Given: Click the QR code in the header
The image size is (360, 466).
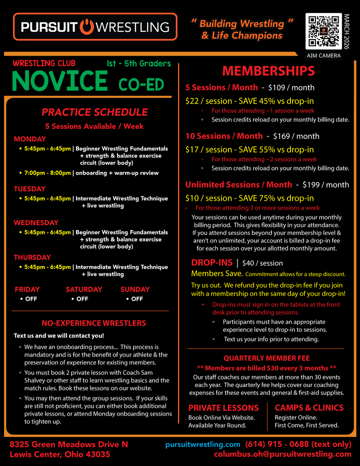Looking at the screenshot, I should [323, 31].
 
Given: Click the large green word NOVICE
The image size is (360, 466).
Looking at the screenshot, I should [59, 81].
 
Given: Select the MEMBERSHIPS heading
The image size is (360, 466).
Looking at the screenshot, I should [268, 70].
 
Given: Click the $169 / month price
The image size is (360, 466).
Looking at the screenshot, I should [296, 136].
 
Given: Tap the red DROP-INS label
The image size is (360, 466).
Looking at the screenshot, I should [212, 262].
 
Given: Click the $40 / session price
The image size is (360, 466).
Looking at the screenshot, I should [262, 263].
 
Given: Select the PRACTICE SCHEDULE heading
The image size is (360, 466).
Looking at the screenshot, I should [94, 112].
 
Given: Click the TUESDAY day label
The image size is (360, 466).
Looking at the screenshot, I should [29, 189].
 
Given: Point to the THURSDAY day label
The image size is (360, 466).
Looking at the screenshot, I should [32, 257].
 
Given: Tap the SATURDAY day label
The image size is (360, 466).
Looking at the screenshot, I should [83, 289].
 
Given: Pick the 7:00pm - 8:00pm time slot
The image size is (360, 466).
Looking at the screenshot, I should [47, 173].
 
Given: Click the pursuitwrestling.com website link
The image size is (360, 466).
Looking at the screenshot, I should [203, 444].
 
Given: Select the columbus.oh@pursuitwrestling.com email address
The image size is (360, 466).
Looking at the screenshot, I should [282, 454].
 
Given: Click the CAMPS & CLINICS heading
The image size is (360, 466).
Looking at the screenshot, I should [309, 407].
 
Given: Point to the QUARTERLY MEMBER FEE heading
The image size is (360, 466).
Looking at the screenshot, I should [266, 358].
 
